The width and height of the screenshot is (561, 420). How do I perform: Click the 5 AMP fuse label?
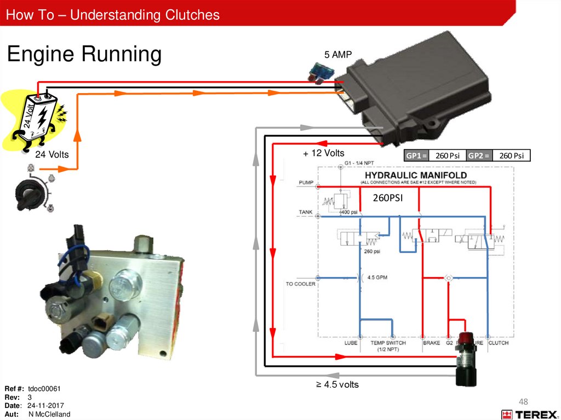coord(337,55)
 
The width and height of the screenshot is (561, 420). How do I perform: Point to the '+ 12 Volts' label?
coord(324,153)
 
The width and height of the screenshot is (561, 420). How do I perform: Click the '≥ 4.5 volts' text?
coord(337,384)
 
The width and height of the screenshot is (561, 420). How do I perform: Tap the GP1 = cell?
coord(416,156)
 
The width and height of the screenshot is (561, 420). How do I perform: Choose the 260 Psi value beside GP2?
coord(512,156)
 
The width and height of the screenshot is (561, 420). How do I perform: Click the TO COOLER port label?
coord(300,284)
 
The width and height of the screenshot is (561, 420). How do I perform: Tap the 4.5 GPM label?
coord(377,277)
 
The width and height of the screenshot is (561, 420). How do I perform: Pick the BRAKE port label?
coord(431,343)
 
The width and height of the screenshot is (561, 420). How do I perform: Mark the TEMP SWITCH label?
coord(388,343)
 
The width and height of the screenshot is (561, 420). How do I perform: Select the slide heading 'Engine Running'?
coord(84,54)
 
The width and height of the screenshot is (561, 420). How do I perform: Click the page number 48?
coord(524,400)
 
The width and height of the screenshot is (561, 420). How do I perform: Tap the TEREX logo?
coord(528,415)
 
